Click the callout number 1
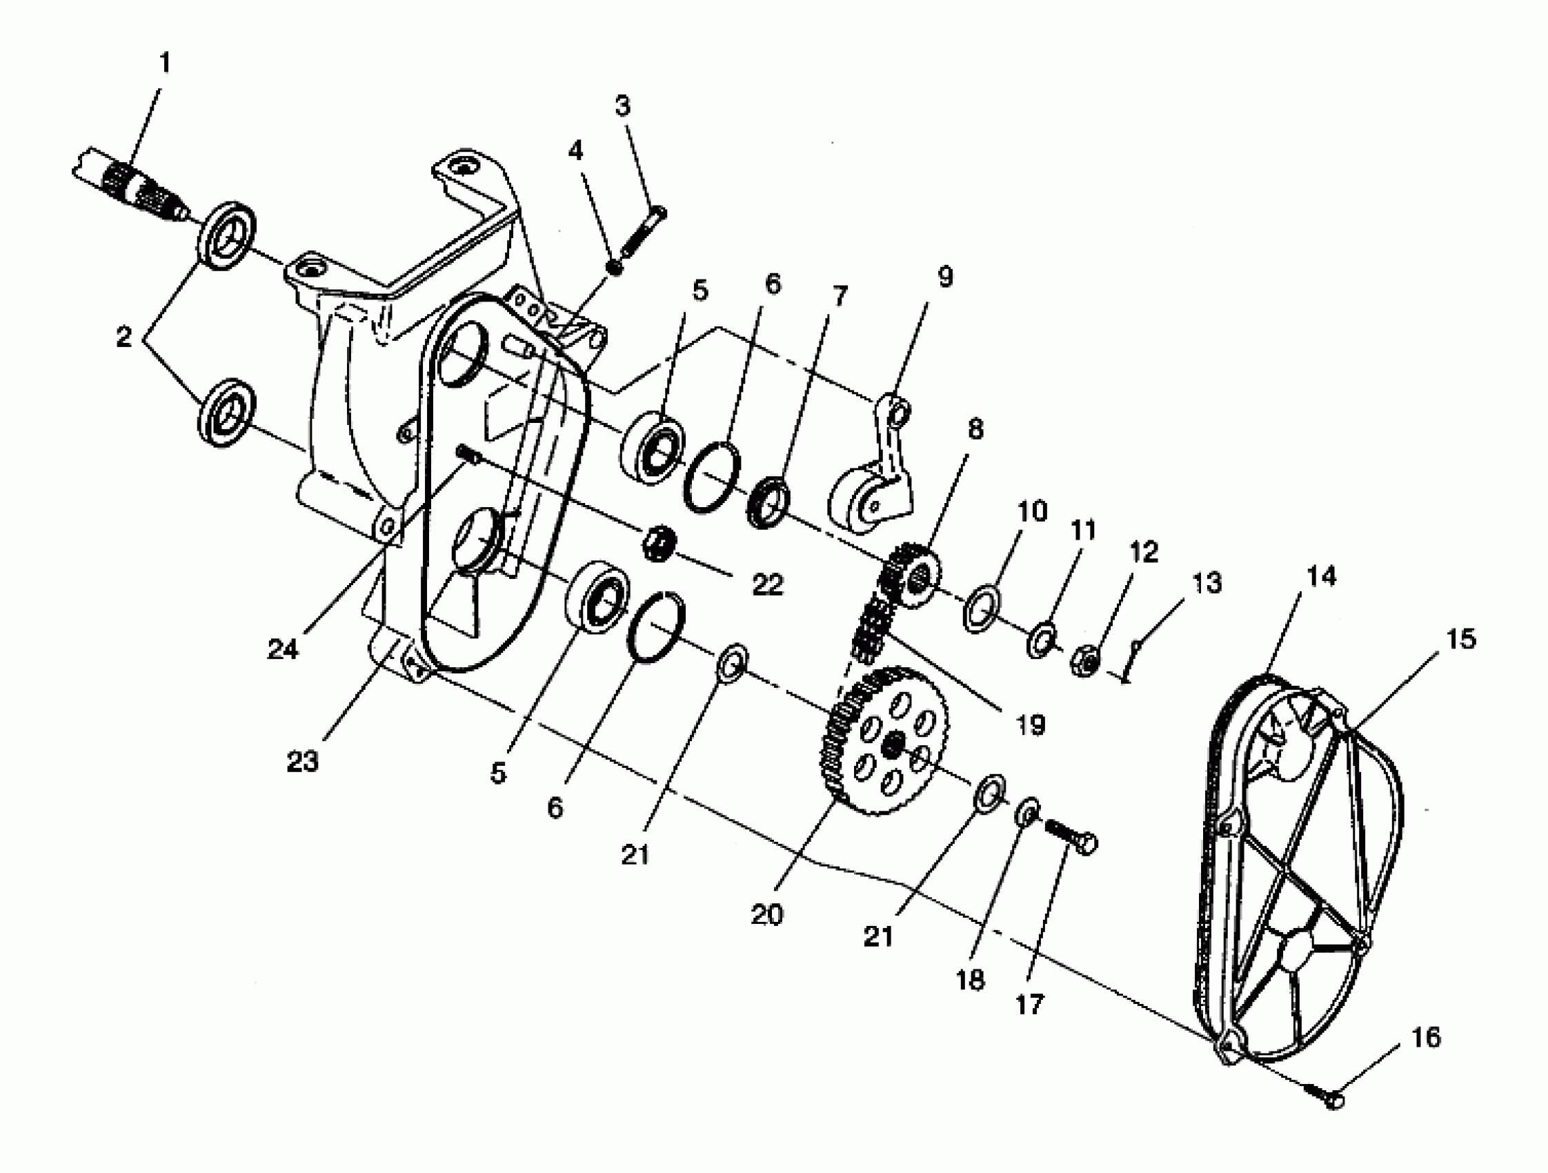[x=164, y=63]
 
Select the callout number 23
[x=302, y=762]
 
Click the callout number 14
[x=1320, y=576]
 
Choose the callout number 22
[x=767, y=584]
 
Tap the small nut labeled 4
[x=615, y=266]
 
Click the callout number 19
[x=1030, y=724]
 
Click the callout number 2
[x=124, y=337]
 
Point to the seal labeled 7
[x=768, y=501]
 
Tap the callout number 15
[x=1460, y=638]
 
